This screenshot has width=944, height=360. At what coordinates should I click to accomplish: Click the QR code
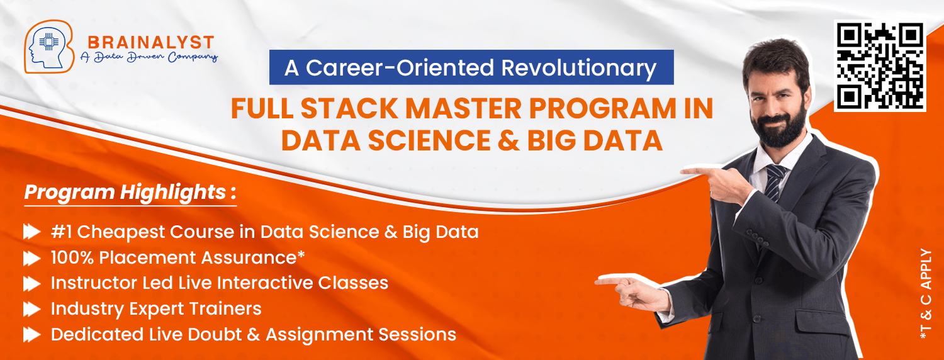(x=880, y=65)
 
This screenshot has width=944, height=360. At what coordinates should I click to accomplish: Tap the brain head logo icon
(x=49, y=47)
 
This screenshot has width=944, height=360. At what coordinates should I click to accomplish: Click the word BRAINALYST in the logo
(x=151, y=43)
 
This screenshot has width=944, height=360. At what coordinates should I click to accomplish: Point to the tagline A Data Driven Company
(x=149, y=57)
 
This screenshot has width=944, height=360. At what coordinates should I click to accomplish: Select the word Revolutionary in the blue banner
(x=578, y=68)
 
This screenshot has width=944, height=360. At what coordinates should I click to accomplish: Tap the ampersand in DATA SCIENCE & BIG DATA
(x=509, y=140)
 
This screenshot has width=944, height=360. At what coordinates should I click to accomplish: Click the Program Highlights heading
(x=130, y=192)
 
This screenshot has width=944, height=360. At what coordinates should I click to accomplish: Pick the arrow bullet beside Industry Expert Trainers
(x=32, y=309)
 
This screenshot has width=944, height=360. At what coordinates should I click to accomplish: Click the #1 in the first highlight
(x=61, y=232)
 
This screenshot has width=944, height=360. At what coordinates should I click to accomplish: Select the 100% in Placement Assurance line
(x=72, y=257)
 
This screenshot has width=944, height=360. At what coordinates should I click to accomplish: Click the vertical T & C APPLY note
(x=926, y=294)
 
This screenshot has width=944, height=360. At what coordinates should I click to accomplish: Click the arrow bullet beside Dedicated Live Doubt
(x=32, y=335)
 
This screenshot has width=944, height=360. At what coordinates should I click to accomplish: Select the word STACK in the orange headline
(x=349, y=108)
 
